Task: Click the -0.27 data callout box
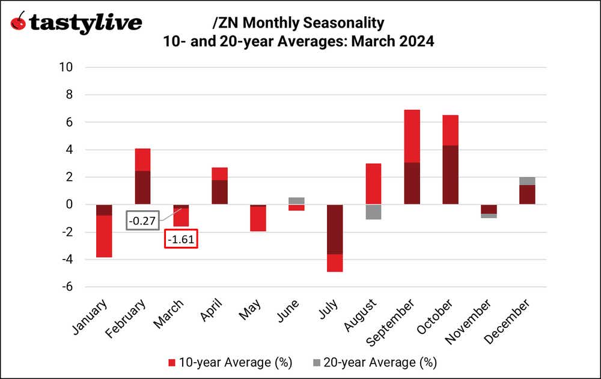142,221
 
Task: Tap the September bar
412,157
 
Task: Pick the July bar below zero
335,238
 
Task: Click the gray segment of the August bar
373,212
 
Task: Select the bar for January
104,231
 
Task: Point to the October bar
450,160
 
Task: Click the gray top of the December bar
527,181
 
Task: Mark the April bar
219,186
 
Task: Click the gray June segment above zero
296,201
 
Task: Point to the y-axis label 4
69,150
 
